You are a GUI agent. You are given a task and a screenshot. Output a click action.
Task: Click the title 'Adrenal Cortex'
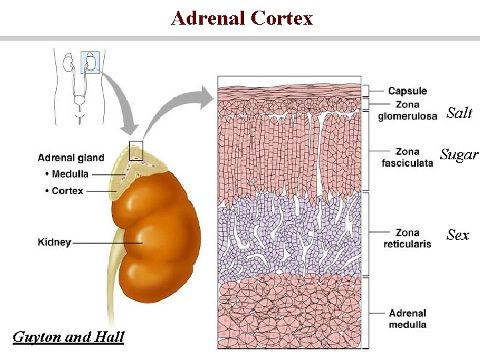click(241, 18)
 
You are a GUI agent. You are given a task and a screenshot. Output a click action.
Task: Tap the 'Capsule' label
click(407, 91)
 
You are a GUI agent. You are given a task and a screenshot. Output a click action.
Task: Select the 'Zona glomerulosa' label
click(407, 111)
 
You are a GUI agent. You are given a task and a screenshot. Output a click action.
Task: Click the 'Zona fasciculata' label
click(407, 157)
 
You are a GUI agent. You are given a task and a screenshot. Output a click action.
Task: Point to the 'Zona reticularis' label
click(407, 238)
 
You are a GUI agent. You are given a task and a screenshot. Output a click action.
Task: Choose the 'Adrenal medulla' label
click(407, 319)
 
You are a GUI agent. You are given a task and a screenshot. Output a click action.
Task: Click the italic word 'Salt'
click(459, 113)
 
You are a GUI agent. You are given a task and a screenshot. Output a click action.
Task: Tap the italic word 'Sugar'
click(459, 155)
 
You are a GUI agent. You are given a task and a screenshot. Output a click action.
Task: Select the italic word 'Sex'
click(458, 235)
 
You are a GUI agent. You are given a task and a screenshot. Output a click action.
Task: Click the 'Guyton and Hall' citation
click(69, 337)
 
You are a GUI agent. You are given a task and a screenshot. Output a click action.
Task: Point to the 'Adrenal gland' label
click(71, 158)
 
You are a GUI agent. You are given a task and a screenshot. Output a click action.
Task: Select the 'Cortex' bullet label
click(66, 191)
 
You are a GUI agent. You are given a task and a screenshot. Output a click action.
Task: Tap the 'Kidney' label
click(55, 242)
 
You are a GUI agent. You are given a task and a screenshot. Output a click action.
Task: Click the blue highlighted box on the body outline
click(90, 62)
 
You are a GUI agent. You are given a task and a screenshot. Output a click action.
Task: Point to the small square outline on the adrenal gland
click(136, 150)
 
